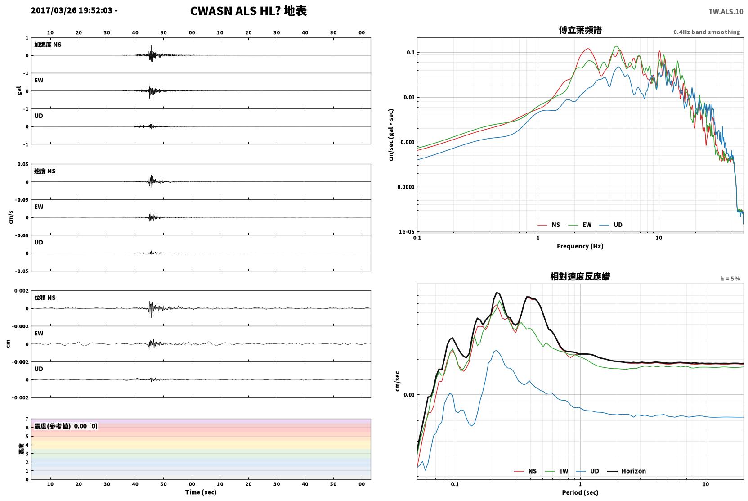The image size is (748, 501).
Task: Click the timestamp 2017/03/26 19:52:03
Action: tap(72, 10)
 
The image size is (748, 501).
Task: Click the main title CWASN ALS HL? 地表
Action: tap(248, 11)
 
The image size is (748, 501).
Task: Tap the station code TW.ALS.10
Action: tap(726, 12)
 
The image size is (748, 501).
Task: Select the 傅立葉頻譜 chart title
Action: tap(580, 31)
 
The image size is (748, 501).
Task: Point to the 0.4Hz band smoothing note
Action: tap(707, 32)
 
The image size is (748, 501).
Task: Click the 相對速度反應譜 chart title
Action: tap(580, 277)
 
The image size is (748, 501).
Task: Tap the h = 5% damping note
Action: tap(730, 279)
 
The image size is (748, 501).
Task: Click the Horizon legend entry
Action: tap(626, 471)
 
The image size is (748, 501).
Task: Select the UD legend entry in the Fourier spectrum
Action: tap(611, 225)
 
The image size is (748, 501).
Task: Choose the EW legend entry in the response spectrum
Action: tap(556, 471)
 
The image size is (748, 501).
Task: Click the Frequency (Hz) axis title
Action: tap(580, 246)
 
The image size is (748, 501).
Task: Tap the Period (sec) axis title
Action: tap(580, 492)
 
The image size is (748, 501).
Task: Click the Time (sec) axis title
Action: tap(201, 492)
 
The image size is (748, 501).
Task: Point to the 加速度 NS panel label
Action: tap(48, 45)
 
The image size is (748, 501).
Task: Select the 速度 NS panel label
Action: tap(45, 171)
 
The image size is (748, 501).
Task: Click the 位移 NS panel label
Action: tap(45, 298)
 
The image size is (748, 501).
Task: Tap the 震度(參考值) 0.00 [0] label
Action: tap(66, 426)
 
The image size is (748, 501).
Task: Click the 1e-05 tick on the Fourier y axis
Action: tap(407, 232)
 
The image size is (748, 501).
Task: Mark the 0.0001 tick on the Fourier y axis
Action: tap(406, 187)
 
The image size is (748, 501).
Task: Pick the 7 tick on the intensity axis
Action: tap(27, 419)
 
